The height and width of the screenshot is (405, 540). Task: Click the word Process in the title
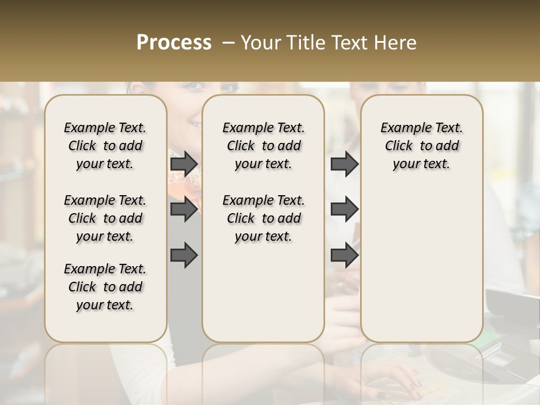(174, 43)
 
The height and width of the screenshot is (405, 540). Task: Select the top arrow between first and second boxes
(184, 164)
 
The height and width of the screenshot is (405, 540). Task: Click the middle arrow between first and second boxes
(184, 209)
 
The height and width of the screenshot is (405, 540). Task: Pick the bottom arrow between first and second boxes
(184, 255)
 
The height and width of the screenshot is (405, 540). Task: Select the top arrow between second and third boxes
(344, 164)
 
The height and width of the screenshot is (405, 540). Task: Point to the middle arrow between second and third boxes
(344, 209)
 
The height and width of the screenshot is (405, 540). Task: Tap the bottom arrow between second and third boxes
(344, 255)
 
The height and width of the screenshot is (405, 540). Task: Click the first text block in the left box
(105, 146)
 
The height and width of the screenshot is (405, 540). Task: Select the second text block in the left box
(105, 218)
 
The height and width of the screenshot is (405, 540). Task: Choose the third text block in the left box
(105, 287)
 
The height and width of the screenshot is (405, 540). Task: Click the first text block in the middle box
(263, 146)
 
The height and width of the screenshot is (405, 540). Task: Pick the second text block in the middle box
(263, 218)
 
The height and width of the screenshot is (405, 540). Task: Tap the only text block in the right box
(421, 146)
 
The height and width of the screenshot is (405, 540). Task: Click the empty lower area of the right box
(421, 259)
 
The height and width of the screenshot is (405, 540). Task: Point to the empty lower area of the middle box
(263, 292)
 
